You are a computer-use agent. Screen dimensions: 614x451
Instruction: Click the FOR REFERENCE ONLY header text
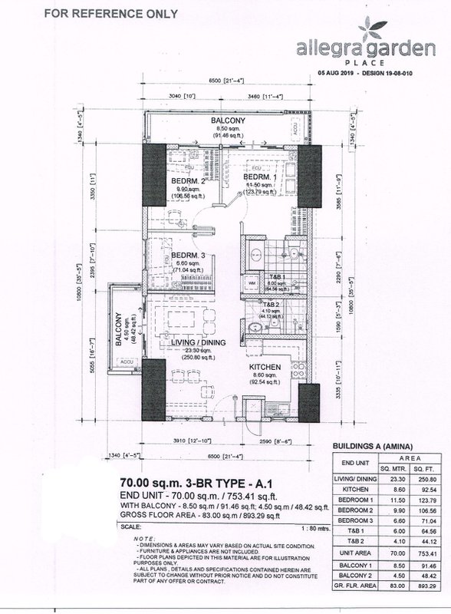(111, 13)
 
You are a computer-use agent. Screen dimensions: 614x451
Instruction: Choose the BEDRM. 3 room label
(188, 256)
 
